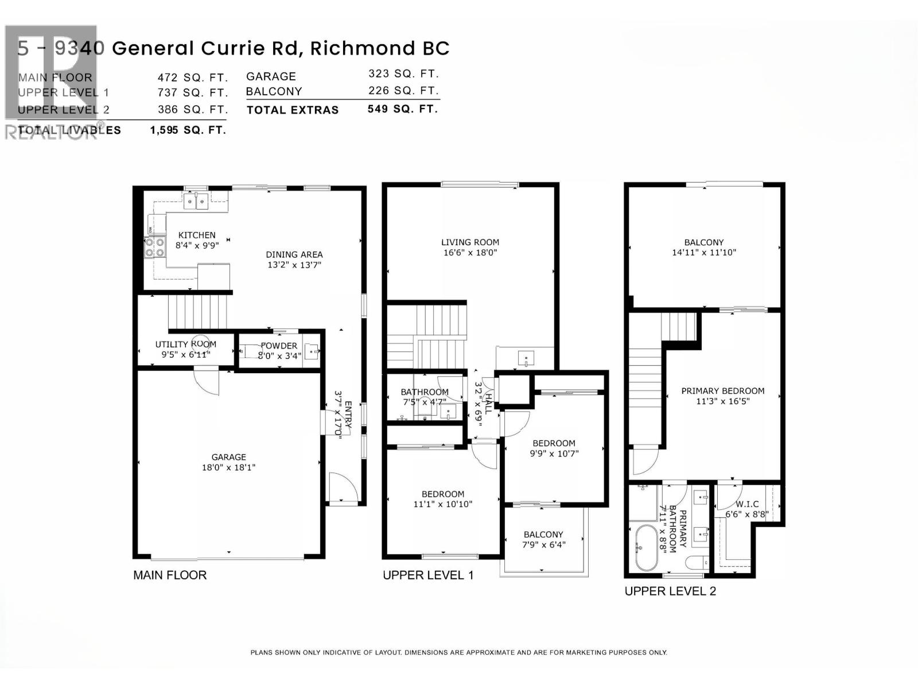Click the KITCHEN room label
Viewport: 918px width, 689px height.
pos(197,235)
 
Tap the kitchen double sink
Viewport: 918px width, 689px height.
pos(196,201)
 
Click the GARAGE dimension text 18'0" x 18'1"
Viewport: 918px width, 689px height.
pos(228,467)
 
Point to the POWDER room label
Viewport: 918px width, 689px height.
pos(279,346)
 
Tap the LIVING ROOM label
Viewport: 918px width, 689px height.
pos(470,242)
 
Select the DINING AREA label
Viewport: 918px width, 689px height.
pos(294,254)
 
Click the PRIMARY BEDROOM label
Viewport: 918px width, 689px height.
pos(723,391)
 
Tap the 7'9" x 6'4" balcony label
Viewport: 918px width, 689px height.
pos(543,544)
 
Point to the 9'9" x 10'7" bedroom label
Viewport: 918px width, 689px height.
pos(554,454)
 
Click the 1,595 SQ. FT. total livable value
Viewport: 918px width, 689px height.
pos(188,130)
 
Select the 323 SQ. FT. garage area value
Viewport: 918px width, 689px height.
pos(403,73)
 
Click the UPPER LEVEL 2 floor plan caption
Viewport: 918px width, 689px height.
pos(670,591)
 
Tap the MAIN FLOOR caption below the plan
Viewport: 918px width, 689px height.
pos(170,575)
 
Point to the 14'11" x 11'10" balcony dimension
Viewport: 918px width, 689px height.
pos(704,252)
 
